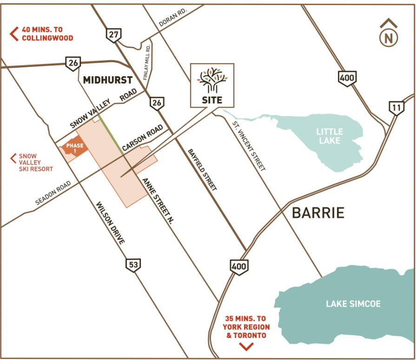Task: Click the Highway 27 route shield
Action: pyautogui.click(x=113, y=34)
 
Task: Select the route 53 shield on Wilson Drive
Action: pyautogui.click(x=132, y=265)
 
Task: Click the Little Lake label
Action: pyautogui.click(x=329, y=136)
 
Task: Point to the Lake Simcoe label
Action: pyautogui.click(x=353, y=304)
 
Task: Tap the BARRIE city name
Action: pyautogui.click(x=318, y=213)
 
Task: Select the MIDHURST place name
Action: pyautogui.click(x=107, y=80)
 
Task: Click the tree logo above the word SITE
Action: pyautogui.click(x=212, y=80)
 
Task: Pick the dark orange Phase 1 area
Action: pyautogui.click(x=74, y=148)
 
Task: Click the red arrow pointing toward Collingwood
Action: pyautogui.click(x=14, y=34)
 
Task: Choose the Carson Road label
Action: pyautogui.click(x=142, y=138)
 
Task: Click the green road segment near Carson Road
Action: pyautogui.click(x=111, y=132)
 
